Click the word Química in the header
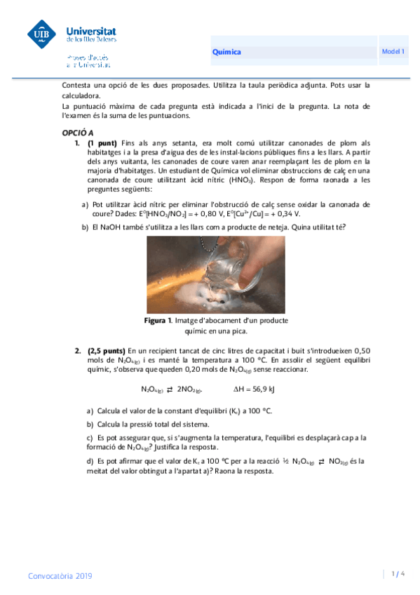click(x=226, y=52)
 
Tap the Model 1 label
click(x=393, y=52)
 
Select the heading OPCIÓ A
click(x=73, y=132)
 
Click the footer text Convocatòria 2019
click(x=60, y=575)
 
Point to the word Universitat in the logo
click(x=90, y=31)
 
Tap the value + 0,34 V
click(x=284, y=213)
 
